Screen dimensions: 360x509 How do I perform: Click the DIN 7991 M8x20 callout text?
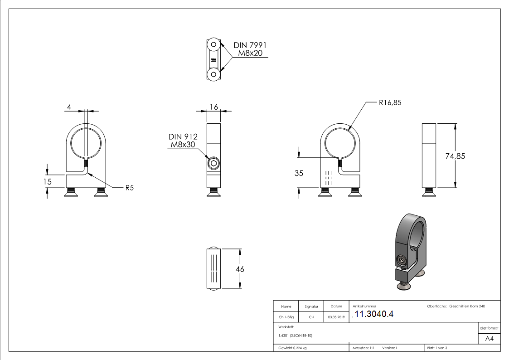coord(250,49)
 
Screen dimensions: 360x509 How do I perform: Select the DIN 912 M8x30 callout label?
coord(183,141)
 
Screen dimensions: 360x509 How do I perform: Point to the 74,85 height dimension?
coord(456,156)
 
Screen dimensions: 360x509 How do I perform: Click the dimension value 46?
coord(240,269)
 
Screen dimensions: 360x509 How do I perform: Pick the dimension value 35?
coord(299,173)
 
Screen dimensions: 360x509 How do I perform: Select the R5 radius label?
coord(130,187)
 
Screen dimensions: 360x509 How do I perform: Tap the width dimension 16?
coord(214,107)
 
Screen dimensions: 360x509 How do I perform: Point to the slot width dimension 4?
coord(69,107)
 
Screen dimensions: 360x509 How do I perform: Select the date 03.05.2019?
coord(336,317)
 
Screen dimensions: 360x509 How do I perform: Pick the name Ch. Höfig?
coord(286,317)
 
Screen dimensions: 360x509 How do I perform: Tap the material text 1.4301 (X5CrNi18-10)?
coord(296,336)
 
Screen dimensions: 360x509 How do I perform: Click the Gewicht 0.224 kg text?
coord(293,348)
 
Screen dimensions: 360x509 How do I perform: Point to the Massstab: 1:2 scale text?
coord(364,348)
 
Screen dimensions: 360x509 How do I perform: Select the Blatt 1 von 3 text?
coord(437,348)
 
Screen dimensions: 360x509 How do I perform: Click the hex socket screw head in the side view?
coord(213,163)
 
